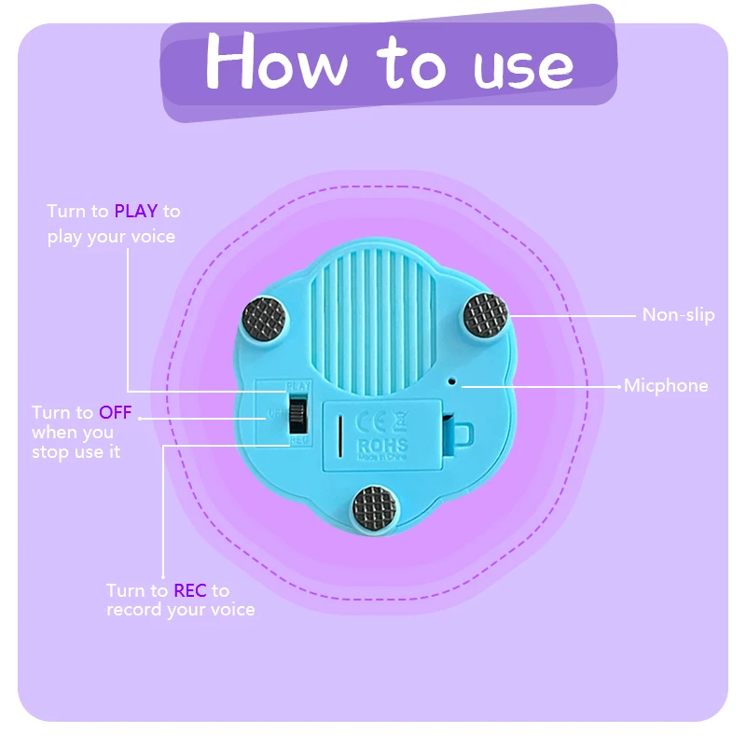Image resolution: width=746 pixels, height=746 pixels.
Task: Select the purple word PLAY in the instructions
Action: click(135, 212)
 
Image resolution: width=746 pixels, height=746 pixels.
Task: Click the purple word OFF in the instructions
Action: click(116, 412)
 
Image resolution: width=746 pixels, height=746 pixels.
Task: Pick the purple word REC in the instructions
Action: click(189, 590)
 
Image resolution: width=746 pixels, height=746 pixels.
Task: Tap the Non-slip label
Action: click(678, 315)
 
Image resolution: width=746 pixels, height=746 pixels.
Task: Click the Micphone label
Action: click(666, 385)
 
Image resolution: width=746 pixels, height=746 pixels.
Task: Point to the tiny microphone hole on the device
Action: click(452, 380)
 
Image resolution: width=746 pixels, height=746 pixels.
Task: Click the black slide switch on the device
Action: click(298, 412)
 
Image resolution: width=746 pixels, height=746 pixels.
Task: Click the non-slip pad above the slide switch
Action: click(266, 320)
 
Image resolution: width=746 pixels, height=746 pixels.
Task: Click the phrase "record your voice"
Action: click(180, 610)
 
